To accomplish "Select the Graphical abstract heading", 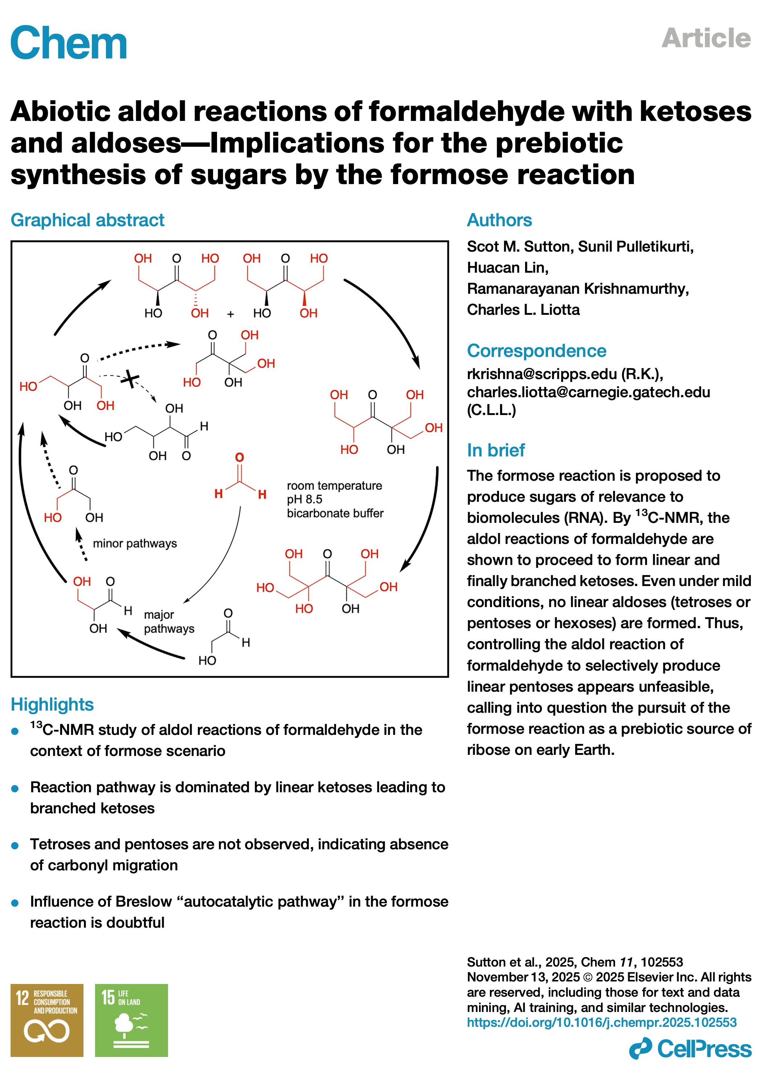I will pyautogui.click(x=87, y=220).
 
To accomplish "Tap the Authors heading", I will pyautogui.click(x=499, y=220).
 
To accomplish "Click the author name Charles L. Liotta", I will pyautogui.click(x=523, y=310).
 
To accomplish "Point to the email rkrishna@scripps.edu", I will pyautogui.click(x=542, y=374).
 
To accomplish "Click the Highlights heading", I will pyautogui.click(x=52, y=704).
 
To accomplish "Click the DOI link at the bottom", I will pyautogui.click(x=601, y=1022).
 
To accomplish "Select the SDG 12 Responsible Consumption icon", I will pyautogui.click(x=47, y=1021).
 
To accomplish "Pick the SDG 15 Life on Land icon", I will pyautogui.click(x=131, y=1021).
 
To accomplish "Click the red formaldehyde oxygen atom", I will pyautogui.click(x=240, y=457).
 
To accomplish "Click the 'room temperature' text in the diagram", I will pyautogui.click(x=334, y=486).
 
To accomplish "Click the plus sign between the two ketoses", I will pyautogui.click(x=230, y=314).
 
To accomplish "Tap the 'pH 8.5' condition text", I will pyautogui.click(x=304, y=500).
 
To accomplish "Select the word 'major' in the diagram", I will pyautogui.click(x=159, y=615).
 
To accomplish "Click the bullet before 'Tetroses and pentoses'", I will pyautogui.click(x=15, y=846).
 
